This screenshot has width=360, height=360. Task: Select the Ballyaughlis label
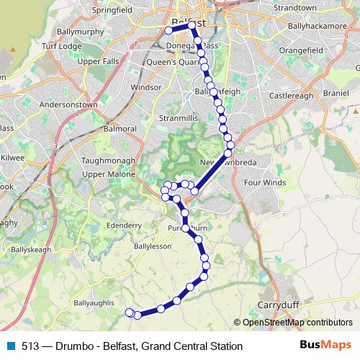point(94,303)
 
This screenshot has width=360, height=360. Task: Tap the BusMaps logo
point(325,346)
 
